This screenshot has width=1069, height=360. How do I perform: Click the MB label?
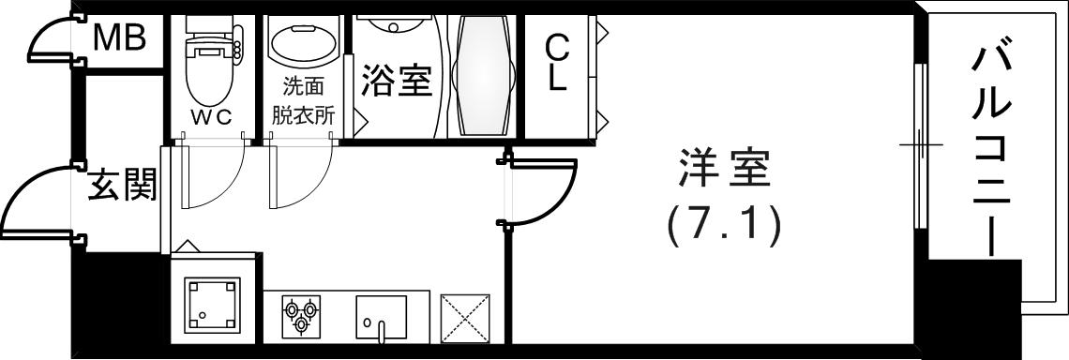119,39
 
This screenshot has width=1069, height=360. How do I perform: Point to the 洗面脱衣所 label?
302,102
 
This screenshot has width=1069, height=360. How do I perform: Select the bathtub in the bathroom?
480,75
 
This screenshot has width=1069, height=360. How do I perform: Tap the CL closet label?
557,62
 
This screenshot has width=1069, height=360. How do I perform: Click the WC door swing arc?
211,178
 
